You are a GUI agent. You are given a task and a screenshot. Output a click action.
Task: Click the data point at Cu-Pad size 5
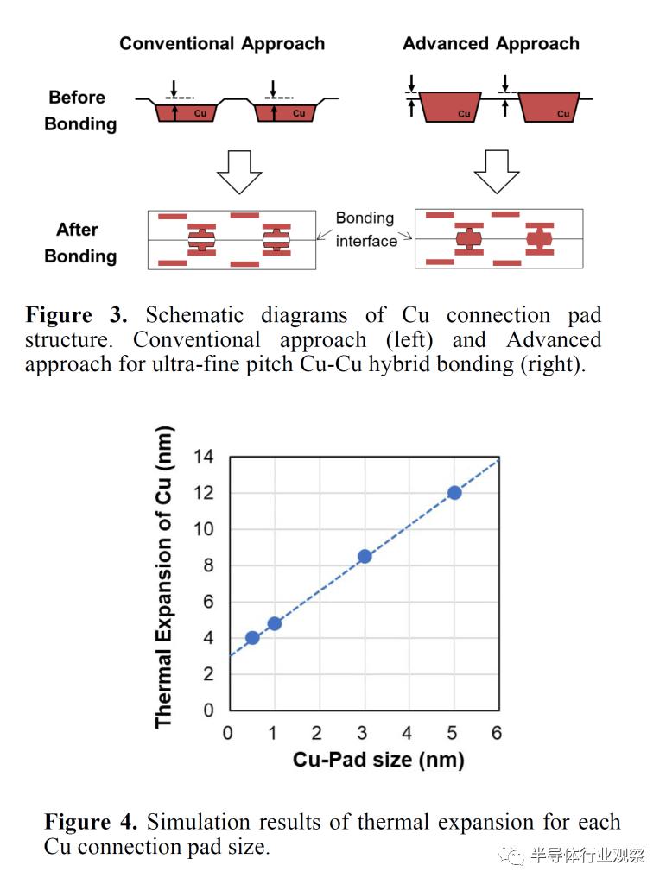454,493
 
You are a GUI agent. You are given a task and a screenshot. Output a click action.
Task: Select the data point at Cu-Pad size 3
365,557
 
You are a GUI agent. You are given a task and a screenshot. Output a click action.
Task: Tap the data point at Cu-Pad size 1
275,623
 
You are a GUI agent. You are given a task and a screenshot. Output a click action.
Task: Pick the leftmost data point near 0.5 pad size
252,638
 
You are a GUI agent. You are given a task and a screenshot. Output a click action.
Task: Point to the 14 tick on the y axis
203,456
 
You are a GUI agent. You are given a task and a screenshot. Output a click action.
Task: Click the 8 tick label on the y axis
208,565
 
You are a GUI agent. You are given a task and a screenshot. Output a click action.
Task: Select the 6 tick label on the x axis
496,733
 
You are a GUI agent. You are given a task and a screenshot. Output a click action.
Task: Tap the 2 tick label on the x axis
316,733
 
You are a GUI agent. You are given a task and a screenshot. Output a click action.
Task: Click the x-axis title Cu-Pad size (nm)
378,760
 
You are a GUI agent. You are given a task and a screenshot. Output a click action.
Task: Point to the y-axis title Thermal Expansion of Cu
163,577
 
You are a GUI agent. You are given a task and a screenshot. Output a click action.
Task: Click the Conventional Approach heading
222,43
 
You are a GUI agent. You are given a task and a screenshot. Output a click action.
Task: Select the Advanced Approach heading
491,43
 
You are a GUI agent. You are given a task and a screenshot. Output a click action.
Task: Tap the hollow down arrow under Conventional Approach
239,172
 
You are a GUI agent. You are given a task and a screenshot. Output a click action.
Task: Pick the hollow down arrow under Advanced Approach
496,172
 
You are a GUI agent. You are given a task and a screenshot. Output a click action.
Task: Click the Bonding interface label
365,230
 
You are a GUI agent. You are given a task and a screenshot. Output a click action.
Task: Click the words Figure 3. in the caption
76,314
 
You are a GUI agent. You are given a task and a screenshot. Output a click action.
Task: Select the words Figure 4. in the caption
91,822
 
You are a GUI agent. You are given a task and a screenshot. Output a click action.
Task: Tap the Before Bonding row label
80,110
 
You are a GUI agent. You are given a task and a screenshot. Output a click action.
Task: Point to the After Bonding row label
80,243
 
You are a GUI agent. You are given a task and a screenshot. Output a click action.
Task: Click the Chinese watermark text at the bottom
587,856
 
